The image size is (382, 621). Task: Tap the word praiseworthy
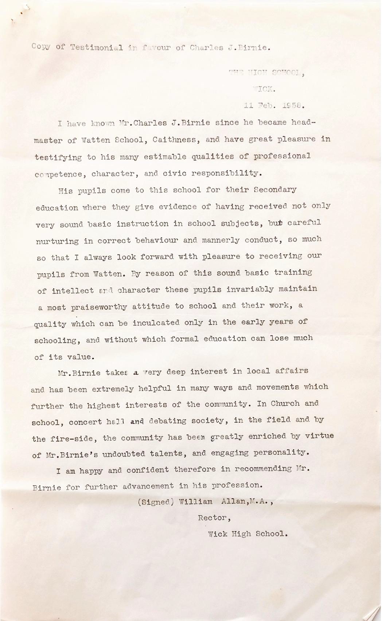(99, 307)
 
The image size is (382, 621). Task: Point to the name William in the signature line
(195, 502)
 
